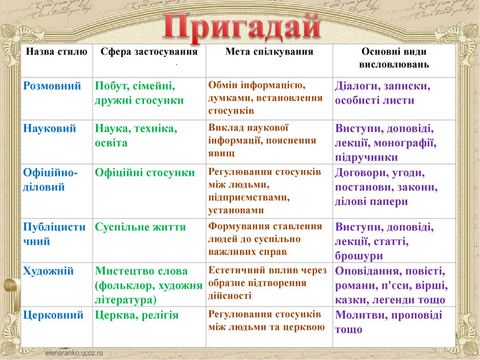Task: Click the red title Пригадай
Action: point(242,28)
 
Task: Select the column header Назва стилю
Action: point(56,51)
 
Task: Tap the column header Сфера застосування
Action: point(149,51)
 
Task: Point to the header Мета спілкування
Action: point(269,51)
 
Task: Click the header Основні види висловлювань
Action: point(394,58)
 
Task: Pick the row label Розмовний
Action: point(52,86)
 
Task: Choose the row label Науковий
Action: point(49,128)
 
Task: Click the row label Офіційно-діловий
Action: point(50,180)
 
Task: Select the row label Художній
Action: point(49,271)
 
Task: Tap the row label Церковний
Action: point(53,315)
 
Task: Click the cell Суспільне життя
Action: point(140,227)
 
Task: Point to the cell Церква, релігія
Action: point(136,315)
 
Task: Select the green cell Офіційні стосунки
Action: point(145,173)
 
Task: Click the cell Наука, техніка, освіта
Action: point(136,136)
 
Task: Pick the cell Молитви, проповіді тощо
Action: point(389,322)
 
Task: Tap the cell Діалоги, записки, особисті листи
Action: point(383,93)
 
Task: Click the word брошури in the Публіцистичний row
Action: point(359,256)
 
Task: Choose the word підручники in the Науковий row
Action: point(366,157)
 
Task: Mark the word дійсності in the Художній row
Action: point(230,296)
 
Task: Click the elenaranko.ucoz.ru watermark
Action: point(74,352)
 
